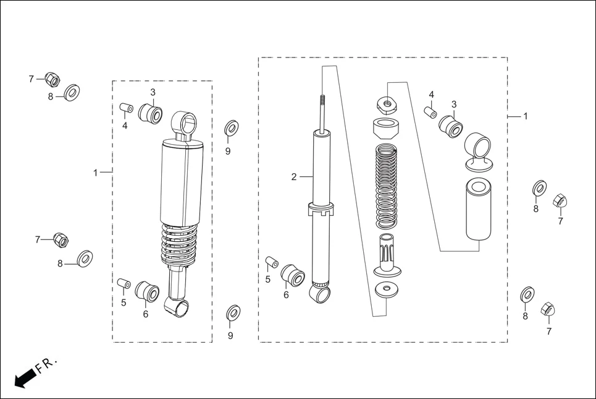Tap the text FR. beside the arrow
point(47,365)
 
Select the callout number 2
point(294,177)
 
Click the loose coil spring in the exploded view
point(387,186)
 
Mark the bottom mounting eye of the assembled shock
point(178,306)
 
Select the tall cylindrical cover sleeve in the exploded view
point(479,208)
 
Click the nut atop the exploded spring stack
point(387,103)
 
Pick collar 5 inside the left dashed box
point(124,284)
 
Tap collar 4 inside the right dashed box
point(430,112)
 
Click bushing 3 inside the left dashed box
point(151,114)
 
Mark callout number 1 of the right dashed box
point(526,116)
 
